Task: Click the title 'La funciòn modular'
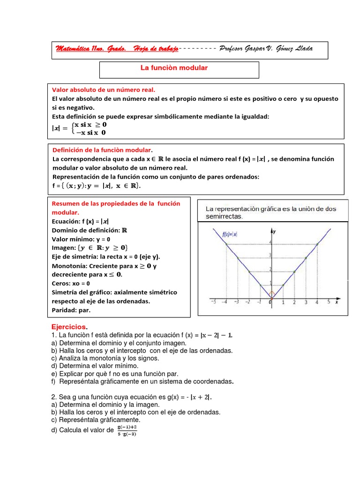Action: point(174,68)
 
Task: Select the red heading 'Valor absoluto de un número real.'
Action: point(103,89)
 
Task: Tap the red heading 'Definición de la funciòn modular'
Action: point(101,150)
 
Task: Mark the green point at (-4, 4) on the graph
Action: point(226,244)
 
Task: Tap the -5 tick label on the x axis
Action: point(213,302)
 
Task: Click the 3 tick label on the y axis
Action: point(269,256)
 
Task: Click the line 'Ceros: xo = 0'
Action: point(71,283)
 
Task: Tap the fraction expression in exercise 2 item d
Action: point(127,430)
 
